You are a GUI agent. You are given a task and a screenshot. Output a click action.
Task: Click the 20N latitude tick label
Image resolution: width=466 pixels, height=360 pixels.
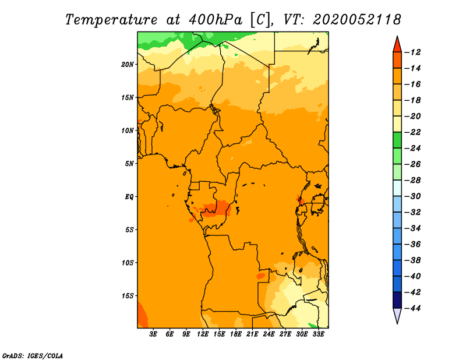point(128,65)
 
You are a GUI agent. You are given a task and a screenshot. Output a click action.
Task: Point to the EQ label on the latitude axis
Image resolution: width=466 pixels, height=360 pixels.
point(129,197)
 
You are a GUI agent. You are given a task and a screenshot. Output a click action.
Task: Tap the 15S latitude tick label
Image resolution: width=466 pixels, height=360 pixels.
point(128,296)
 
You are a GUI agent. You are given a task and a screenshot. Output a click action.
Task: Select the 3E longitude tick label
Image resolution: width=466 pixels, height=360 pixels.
point(153,334)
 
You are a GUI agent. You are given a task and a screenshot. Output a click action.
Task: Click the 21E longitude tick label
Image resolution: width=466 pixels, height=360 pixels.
point(252,334)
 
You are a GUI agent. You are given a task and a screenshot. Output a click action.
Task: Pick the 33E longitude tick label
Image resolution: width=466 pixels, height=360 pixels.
point(318,334)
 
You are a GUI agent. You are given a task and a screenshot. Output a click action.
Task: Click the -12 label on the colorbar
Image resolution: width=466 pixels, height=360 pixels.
point(412,52)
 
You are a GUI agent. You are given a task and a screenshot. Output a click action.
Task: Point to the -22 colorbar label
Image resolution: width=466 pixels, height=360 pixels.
point(412,132)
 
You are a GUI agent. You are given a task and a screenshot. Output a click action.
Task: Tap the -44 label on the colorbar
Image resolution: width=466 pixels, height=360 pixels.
point(412,308)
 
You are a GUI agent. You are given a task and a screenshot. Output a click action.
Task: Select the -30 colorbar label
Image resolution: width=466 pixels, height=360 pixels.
point(412,196)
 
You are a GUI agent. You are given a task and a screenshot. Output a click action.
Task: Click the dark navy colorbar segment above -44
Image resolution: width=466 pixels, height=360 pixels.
point(397,300)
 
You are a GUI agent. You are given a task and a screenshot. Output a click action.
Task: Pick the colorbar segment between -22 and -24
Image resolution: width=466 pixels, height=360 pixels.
point(397,140)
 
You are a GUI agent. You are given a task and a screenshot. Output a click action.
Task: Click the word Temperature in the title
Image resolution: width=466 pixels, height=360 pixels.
point(111,20)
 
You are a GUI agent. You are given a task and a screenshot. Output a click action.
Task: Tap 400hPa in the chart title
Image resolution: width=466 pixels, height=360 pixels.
point(216,20)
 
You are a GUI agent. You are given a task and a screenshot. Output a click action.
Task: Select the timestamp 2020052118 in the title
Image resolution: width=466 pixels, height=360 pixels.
point(357,20)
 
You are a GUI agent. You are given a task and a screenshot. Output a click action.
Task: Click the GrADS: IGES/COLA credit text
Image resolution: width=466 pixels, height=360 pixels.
point(33,356)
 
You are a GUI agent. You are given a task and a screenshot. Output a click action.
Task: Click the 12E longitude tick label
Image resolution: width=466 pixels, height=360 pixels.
point(202,334)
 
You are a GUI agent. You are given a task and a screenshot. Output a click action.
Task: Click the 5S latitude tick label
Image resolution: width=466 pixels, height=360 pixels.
point(129,230)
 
